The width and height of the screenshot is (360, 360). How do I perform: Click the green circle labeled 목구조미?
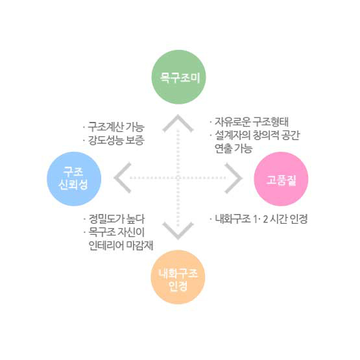tap(178, 77)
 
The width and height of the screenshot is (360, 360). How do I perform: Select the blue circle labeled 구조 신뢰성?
tap(74, 178)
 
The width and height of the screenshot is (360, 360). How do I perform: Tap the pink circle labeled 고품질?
tap(281, 178)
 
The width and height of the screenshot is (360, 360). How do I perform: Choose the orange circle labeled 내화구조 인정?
tap(178, 277)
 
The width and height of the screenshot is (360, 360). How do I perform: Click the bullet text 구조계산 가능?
tap(116, 127)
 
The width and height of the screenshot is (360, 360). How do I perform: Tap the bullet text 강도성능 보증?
tap(116, 140)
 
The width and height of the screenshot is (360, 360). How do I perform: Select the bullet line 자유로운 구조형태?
tap(252, 122)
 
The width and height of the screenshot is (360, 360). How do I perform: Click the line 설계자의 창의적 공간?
tap(258, 135)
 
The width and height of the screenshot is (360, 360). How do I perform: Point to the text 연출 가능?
tap(234, 149)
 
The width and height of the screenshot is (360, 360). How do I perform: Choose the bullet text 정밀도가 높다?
tap(117, 219)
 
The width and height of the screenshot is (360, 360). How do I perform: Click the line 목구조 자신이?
tap(117, 232)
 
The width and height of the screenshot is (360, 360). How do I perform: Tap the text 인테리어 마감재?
tap(121, 245)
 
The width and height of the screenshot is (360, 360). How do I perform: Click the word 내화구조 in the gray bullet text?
tap(233, 219)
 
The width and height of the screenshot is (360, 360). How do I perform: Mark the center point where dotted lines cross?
tap(178, 178)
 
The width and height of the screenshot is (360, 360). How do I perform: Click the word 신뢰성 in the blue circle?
tap(73, 185)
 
